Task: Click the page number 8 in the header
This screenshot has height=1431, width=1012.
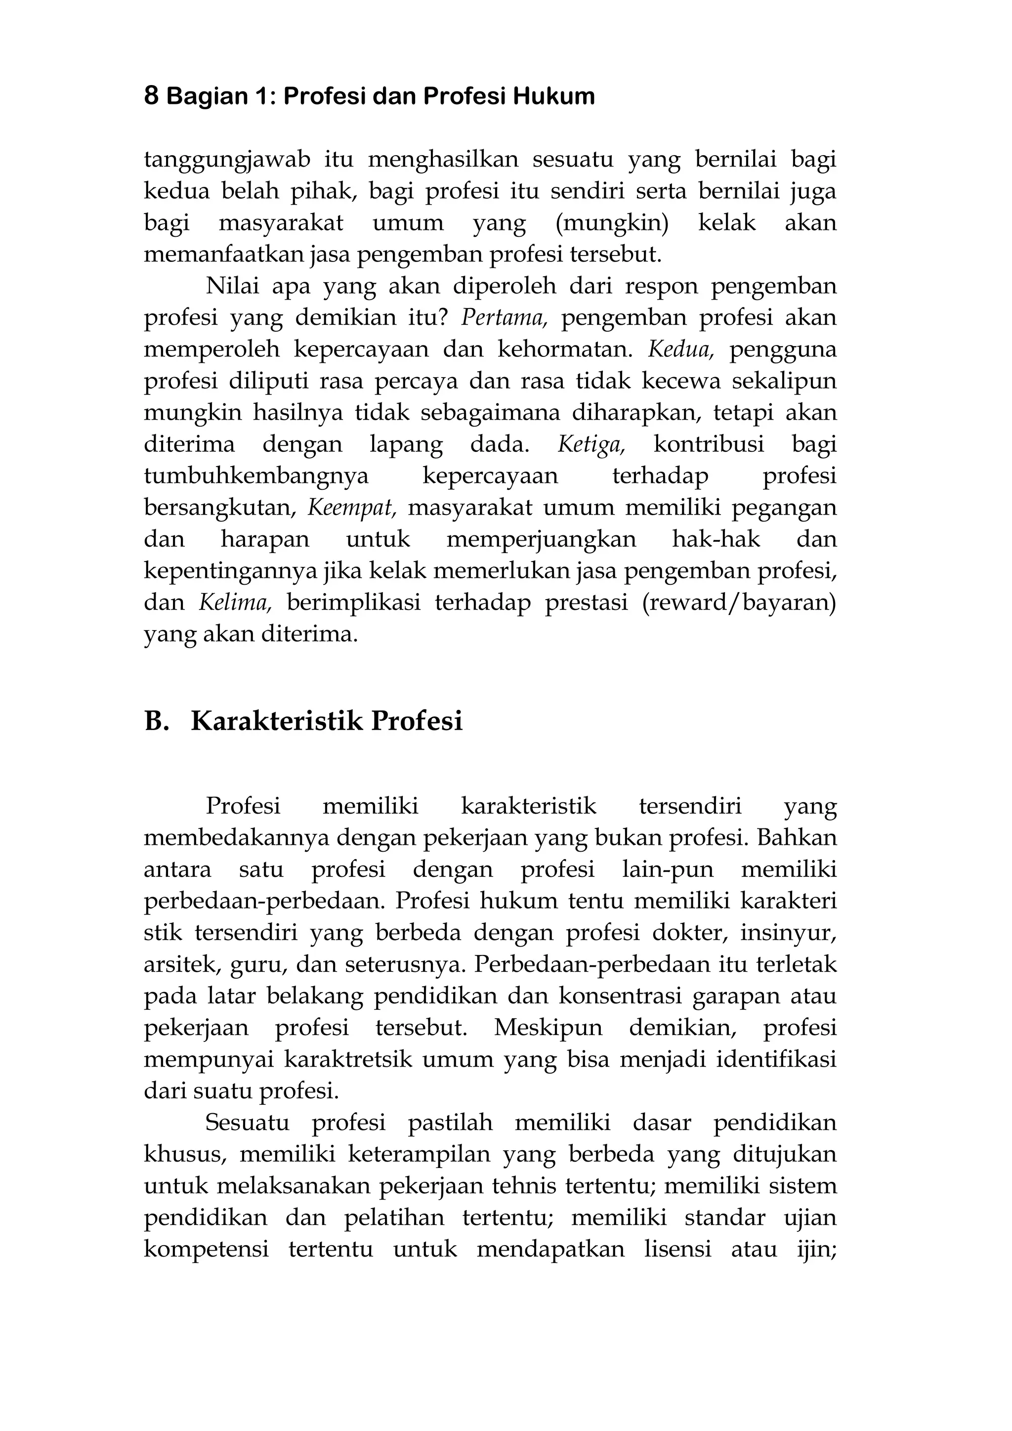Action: click(x=151, y=96)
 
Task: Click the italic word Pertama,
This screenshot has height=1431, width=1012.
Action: click(x=504, y=318)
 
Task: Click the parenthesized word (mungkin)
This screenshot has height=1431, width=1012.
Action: click(x=611, y=223)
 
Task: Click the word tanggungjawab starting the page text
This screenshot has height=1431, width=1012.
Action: click(x=227, y=160)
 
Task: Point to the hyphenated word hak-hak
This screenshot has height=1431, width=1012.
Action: click(x=716, y=539)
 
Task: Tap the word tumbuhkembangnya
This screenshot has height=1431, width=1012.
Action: click(x=256, y=476)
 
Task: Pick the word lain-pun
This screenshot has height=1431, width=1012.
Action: click(x=668, y=869)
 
